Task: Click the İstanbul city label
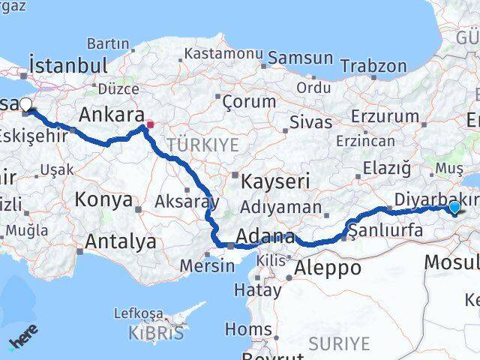point(69,64)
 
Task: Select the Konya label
point(104,200)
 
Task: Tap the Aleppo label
point(328,268)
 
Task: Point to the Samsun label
point(300,58)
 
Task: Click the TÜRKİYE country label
point(203,144)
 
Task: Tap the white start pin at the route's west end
point(25,105)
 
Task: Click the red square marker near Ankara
point(150,125)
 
